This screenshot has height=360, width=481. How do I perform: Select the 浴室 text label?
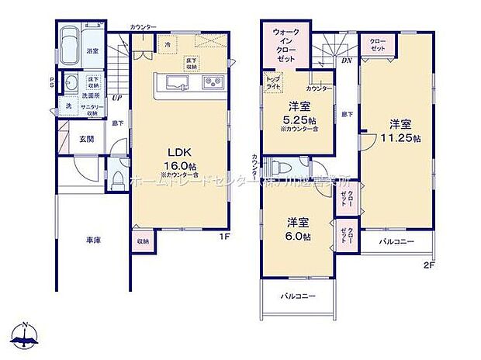tap(92, 50)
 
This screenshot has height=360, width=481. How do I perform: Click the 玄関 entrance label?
tap(86, 140)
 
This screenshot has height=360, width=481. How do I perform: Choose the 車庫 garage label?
tap(94, 241)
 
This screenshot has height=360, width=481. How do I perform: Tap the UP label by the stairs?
tap(117, 98)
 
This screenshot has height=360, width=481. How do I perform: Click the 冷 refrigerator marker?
tap(168, 44)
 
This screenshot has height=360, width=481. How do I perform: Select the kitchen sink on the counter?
tap(174, 83)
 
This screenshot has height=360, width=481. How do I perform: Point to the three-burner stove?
tap(213, 83)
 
